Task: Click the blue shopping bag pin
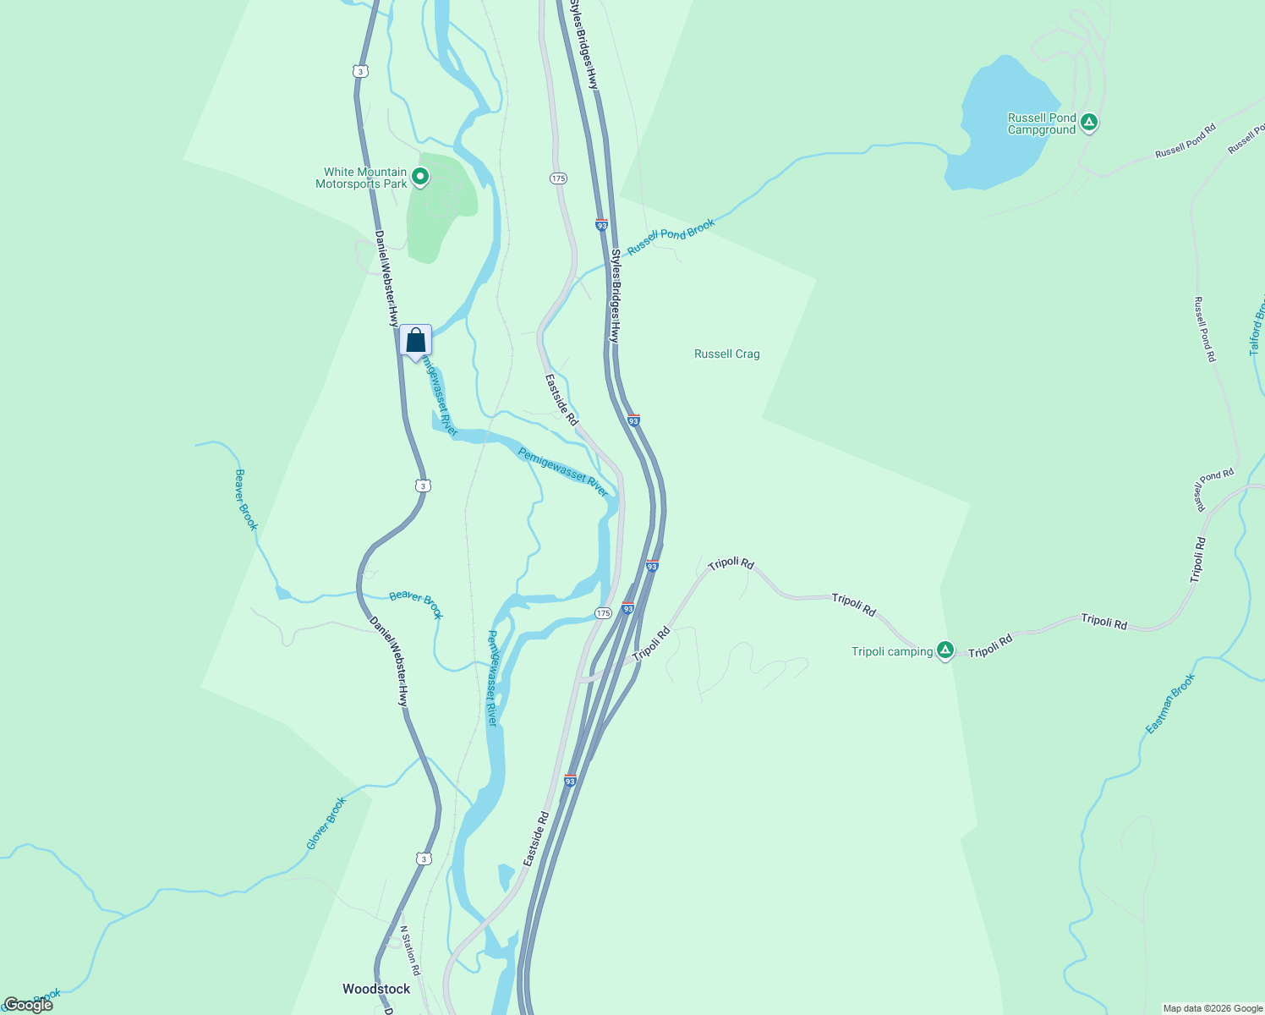click(415, 341)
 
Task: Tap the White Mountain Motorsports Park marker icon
click(419, 178)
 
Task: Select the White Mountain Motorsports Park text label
click(362, 178)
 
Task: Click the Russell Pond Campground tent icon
click(1089, 123)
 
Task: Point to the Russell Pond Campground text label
click(1042, 124)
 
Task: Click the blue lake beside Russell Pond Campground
click(994, 127)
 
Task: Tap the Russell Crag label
click(726, 354)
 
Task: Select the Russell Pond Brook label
click(671, 236)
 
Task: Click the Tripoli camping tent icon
click(945, 650)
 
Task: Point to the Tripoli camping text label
click(892, 651)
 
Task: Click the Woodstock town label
click(376, 989)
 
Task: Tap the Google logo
click(28, 1004)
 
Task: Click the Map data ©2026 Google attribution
click(1213, 1008)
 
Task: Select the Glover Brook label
click(326, 823)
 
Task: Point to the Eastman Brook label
click(1170, 704)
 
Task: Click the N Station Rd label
click(409, 951)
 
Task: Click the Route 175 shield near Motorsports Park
click(557, 178)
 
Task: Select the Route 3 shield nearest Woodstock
click(424, 859)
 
